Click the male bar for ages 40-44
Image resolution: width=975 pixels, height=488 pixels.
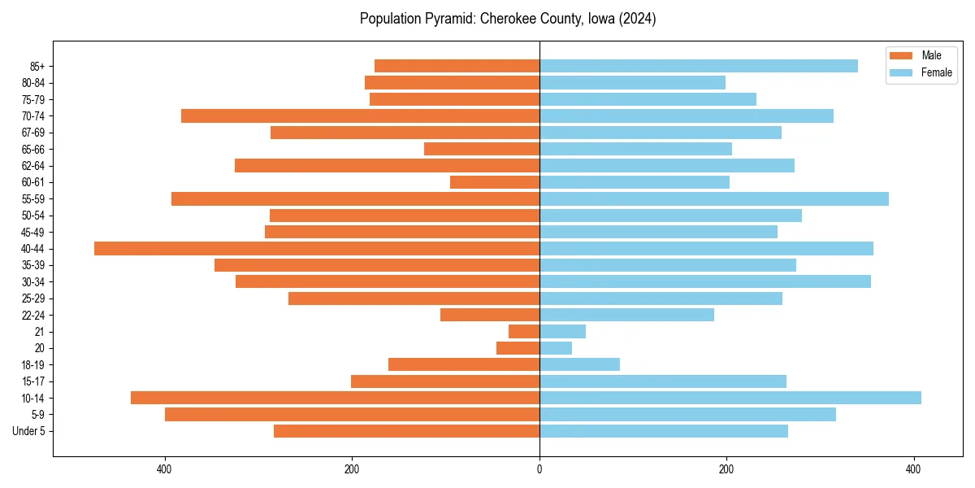pyautogui.click(x=317, y=249)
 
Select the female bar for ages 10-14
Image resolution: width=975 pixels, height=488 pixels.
pyautogui.click(x=730, y=398)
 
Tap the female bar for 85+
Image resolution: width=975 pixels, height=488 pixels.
pyautogui.click(x=698, y=66)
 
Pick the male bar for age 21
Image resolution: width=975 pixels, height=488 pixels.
pyautogui.click(x=524, y=332)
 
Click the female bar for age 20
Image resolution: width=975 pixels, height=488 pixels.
pyautogui.click(x=556, y=348)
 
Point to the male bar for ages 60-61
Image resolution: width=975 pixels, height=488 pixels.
pyautogui.click(x=495, y=182)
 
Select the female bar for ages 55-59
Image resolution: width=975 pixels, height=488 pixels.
pyautogui.click(x=713, y=199)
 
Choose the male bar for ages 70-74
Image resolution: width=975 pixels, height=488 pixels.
pyautogui.click(x=360, y=116)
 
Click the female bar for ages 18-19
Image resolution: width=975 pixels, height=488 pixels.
pyautogui.click(x=579, y=364)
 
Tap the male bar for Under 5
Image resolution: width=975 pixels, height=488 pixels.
pyautogui.click(x=406, y=431)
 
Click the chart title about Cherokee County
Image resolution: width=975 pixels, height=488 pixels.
pyautogui.click(x=508, y=19)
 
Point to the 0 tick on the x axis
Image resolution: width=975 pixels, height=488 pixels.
pyautogui.click(x=539, y=469)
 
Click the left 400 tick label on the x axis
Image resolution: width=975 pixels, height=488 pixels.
pyautogui.click(x=165, y=469)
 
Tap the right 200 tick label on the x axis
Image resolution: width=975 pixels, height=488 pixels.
pyautogui.click(x=726, y=469)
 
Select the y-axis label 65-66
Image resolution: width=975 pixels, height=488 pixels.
pyautogui.click(x=33, y=150)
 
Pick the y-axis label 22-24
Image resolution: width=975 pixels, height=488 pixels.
pyautogui.click(x=33, y=316)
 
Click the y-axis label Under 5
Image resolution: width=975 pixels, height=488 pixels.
pyautogui.click(x=28, y=431)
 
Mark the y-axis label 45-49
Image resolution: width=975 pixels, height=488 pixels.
pyautogui.click(x=33, y=233)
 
